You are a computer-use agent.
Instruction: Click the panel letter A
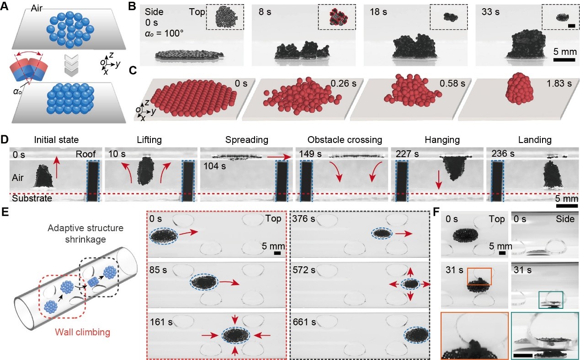[5, 6]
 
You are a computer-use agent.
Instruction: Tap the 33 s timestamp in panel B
[490, 12]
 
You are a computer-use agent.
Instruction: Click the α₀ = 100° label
[164, 33]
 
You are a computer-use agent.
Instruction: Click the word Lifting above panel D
[149, 140]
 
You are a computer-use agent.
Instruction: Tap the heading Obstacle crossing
[345, 140]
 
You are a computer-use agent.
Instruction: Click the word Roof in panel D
[86, 154]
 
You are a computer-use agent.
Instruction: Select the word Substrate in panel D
[32, 198]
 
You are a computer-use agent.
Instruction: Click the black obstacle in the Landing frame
[498, 181]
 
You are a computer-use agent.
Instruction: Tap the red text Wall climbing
[83, 332]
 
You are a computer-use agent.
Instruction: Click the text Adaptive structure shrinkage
[85, 233]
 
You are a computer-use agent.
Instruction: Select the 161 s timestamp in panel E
[161, 322]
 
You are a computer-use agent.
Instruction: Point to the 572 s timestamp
[304, 270]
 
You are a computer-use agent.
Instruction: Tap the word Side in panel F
[565, 219]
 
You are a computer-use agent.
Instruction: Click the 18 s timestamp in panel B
[378, 12]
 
